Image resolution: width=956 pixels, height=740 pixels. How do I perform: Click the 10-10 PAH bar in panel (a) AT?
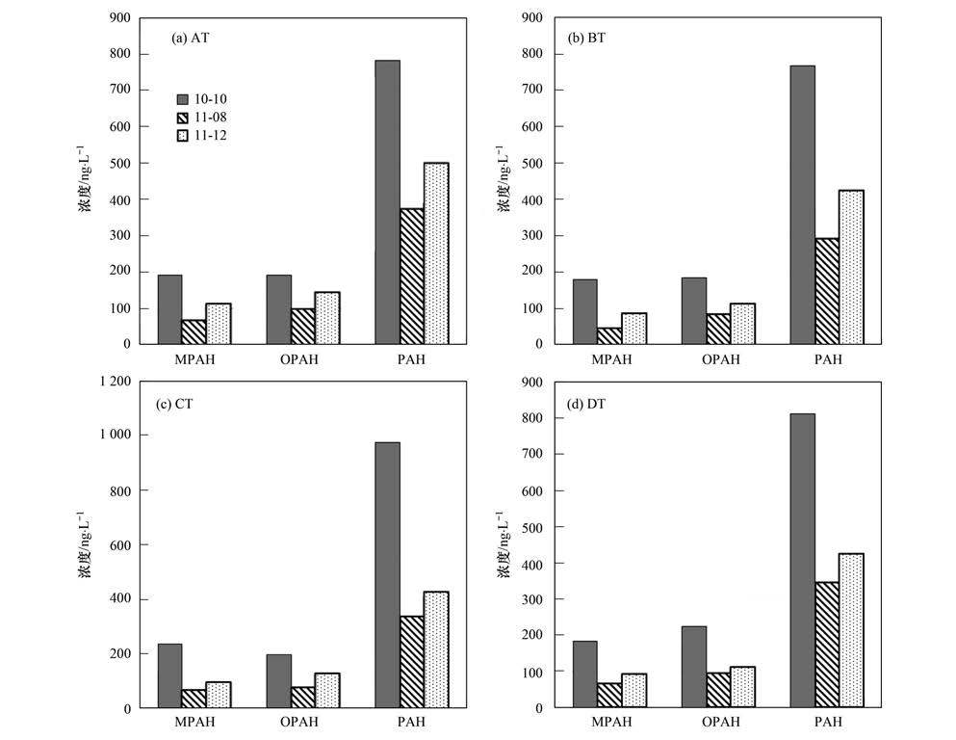pyautogui.click(x=387, y=202)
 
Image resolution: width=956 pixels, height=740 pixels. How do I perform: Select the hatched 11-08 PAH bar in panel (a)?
pyautogui.click(x=411, y=277)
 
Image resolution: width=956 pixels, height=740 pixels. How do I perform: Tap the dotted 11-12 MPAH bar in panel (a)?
pyautogui.click(x=219, y=324)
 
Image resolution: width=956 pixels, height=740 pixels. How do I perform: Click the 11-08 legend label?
pyautogui.click(x=211, y=117)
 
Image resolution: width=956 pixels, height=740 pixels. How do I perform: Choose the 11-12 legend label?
pyautogui.click(x=211, y=136)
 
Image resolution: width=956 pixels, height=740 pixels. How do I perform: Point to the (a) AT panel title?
pyautogui.click(x=192, y=39)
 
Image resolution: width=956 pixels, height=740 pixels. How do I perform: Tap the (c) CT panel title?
pyautogui.click(x=174, y=404)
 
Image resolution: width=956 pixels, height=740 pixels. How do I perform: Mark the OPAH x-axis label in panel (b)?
pyautogui.click(x=720, y=360)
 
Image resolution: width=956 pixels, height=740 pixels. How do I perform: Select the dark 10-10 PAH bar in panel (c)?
pyautogui.click(x=387, y=575)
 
